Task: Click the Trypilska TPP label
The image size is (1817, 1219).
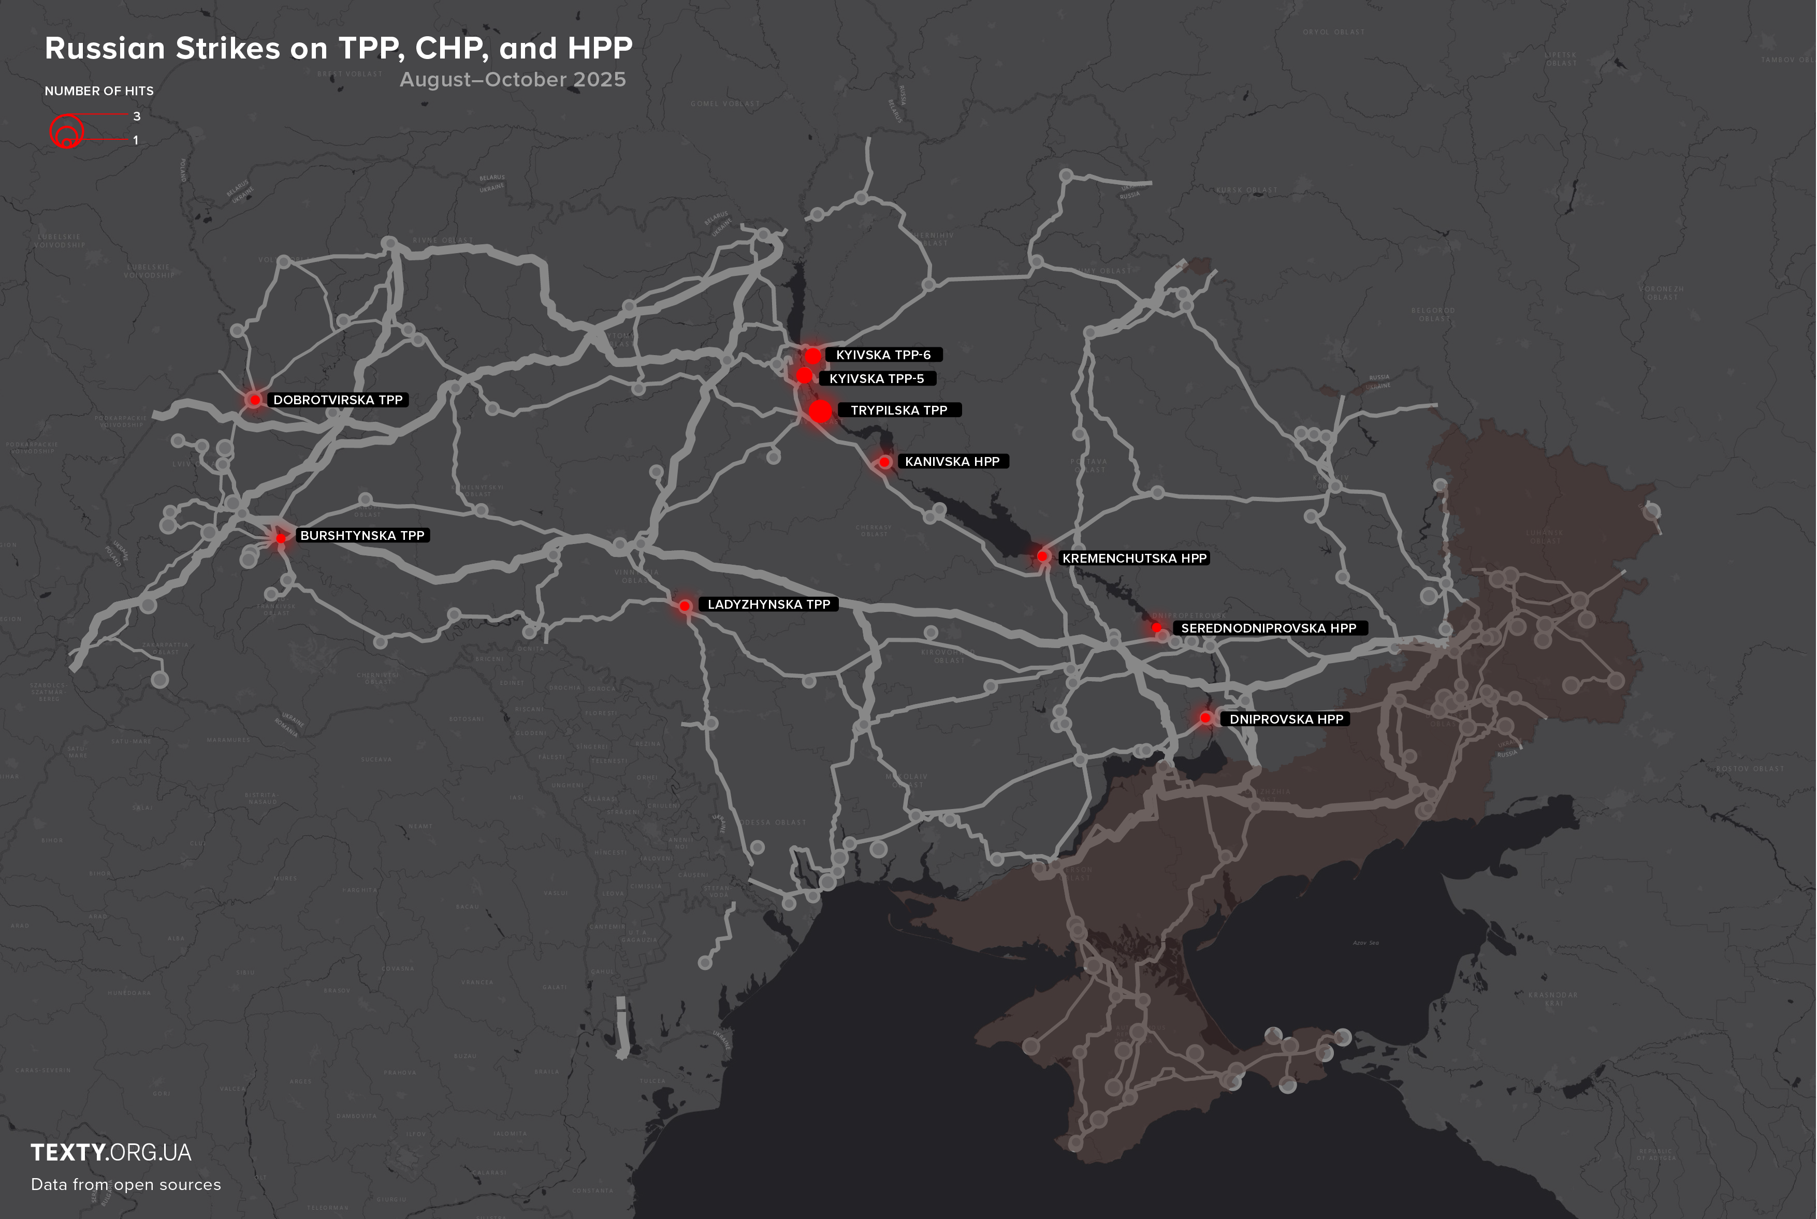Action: click(899, 410)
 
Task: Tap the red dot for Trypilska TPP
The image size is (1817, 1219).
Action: click(820, 412)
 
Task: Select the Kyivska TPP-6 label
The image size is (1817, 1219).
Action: click(883, 355)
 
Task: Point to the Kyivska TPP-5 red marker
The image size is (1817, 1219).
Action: click(804, 375)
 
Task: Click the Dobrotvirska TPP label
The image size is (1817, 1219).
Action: click(338, 400)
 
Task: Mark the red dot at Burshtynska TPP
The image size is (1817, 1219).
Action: click(281, 538)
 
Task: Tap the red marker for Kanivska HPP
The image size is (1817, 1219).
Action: click(884, 462)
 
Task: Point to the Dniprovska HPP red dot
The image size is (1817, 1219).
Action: click(1205, 717)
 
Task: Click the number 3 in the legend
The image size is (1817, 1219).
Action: click(137, 116)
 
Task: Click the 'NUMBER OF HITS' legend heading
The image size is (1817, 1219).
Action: click(99, 91)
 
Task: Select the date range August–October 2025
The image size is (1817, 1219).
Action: click(512, 79)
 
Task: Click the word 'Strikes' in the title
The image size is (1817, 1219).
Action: click(227, 48)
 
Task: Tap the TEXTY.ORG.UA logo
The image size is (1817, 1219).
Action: click(111, 1152)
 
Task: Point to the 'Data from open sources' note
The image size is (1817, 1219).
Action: click(126, 1184)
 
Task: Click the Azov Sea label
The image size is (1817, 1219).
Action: click(1365, 942)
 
